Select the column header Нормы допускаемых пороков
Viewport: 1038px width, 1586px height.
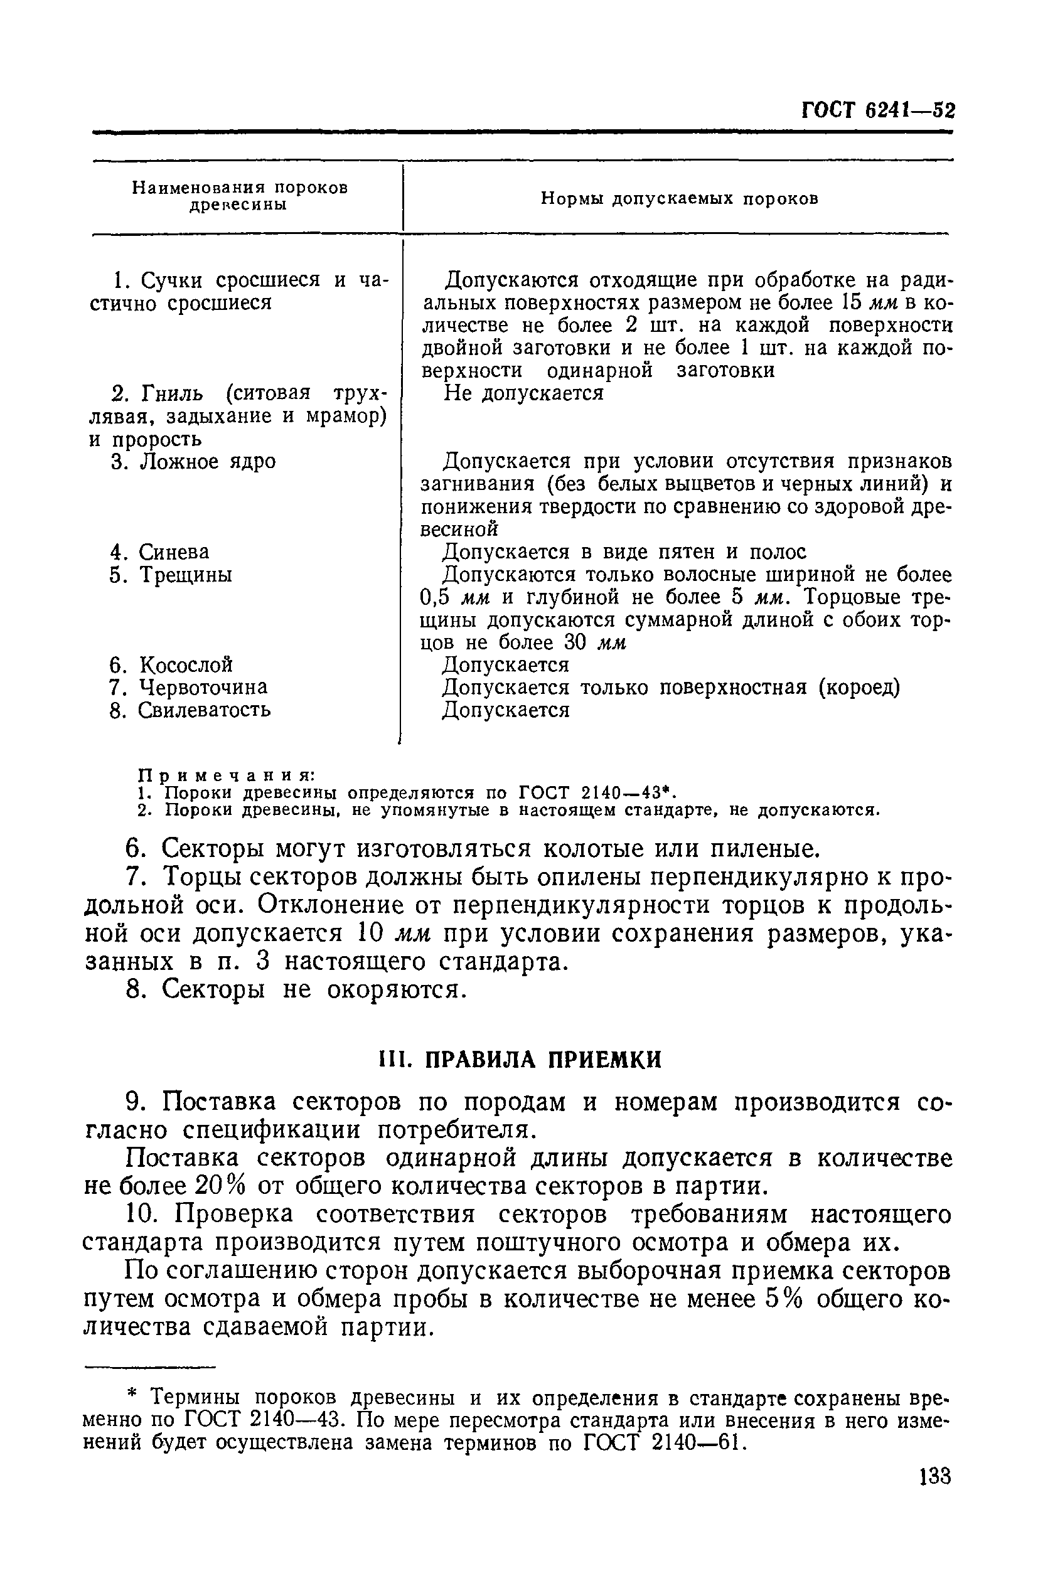pyautogui.click(x=678, y=199)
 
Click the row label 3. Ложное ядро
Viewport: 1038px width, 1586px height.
pyautogui.click(x=193, y=462)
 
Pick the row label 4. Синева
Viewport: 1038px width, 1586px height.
pyautogui.click(x=160, y=551)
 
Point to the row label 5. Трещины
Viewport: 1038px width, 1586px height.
pyautogui.click(x=171, y=575)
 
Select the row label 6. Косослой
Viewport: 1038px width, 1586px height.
pyautogui.click(x=171, y=664)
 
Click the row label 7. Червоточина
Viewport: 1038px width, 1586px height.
pyautogui.click(x=189, y=687)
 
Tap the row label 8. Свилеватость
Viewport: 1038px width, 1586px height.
pyautogui.click(x=191, y=710)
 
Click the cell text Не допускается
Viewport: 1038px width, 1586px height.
pyautogui.click(x=523, y=393)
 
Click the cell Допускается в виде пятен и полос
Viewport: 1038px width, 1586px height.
pyautogui.click(x=624, y=551)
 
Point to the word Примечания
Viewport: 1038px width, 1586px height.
pyautogui.click(x=226, y=775)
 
